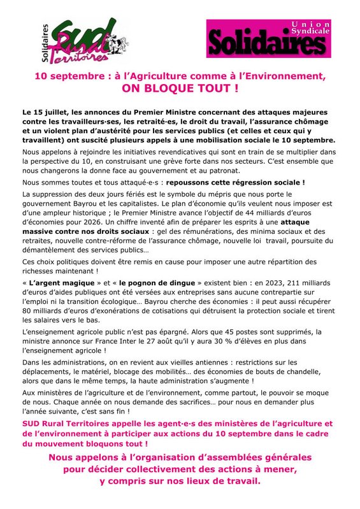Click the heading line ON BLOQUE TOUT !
(x=180, y=87)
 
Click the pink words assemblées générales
(x=257, y=458)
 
